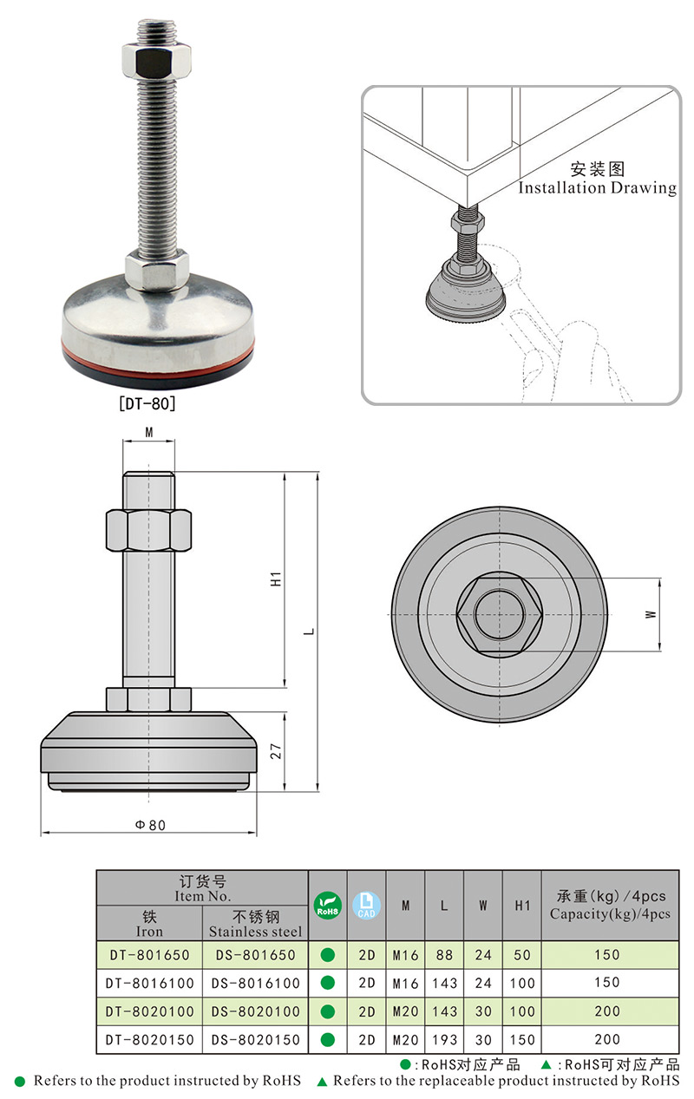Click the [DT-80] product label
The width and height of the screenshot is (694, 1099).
click(147, 403)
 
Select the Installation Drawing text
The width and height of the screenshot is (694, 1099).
click(597, 187)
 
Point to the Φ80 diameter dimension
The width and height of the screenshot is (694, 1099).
click(150, 825)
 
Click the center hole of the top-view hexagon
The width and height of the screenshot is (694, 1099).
click(499, 614)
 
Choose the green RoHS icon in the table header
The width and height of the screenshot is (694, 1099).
click(327, 905)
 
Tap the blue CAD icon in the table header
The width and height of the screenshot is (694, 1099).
click(366, 905)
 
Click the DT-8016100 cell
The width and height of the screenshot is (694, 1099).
click(148, 983)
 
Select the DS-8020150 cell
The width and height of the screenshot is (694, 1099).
click(255, 1039)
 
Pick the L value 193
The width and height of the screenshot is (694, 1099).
click(444, 1039)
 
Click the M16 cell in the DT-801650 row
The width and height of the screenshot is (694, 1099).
click(405, 955)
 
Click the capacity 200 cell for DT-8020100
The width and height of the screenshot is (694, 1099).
click(607, 1011)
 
